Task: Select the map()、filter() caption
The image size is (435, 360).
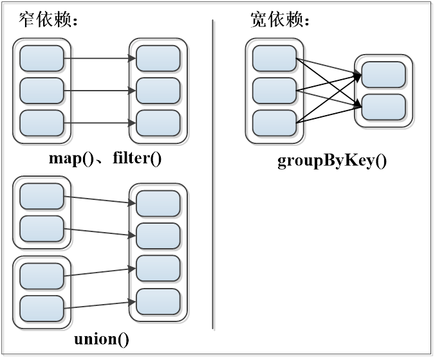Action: point(104,158)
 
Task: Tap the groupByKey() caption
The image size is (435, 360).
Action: point(332,160)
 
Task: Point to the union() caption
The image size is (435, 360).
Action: point(102,338)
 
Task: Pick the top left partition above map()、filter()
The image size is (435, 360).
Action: point(42,59)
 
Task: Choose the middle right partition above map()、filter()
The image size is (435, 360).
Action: point(158,91)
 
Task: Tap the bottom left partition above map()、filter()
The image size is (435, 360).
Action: point(42,123)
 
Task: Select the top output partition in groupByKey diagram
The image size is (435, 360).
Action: point(384,75)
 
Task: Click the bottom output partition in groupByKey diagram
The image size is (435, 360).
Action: point(384,107)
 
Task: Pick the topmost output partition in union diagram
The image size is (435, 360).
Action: point(158,204)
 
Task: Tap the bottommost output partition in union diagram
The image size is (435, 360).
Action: point(158,301)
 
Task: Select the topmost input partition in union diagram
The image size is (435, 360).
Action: point(42,197)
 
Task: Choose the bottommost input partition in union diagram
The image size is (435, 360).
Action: point(42,309)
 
